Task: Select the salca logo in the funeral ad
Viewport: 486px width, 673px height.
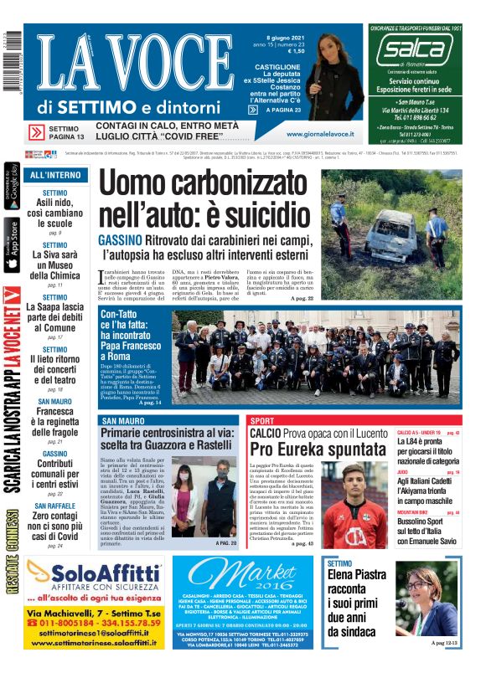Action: [413, 50]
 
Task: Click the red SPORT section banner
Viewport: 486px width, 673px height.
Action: [262, 420]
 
